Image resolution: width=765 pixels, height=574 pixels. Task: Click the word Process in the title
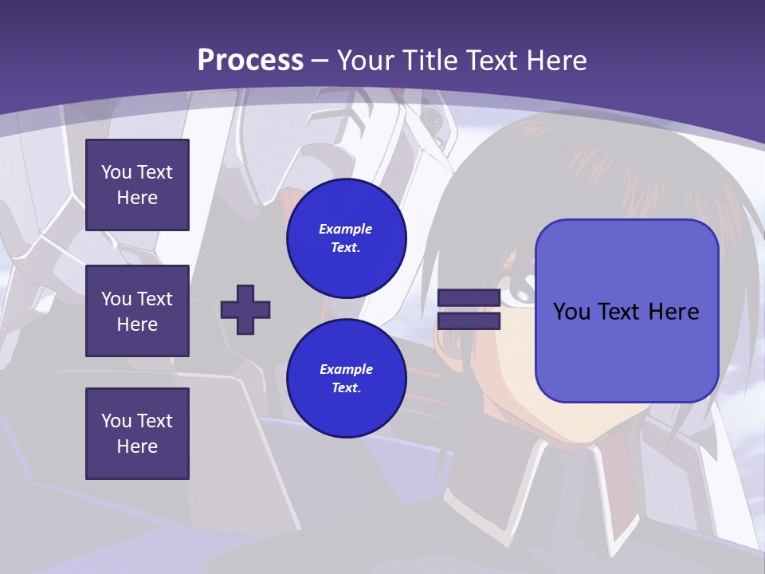(x=250, y=61)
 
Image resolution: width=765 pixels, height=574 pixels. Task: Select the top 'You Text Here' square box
(x=137, y=185)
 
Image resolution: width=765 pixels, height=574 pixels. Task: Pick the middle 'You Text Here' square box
(x=137, y=311)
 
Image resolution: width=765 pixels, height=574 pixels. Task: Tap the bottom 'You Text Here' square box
(x=137, y=434)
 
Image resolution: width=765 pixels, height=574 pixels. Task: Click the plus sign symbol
(x=245, y=309)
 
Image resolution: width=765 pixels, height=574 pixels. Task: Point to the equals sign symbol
(x=469, y=309)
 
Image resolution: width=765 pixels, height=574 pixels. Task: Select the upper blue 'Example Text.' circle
(x=347, y=238)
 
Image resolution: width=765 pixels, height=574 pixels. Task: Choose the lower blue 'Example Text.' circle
(x=347, y=379)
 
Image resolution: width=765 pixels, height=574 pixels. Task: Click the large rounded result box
(x=626, y=311)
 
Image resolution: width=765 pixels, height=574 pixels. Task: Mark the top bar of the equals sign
(x=469, y=298)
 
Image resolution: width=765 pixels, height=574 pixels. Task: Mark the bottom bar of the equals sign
(x=469, y=320)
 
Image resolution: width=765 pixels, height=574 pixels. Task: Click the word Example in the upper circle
(x=346, y=229)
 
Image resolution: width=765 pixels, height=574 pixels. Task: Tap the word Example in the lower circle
(x=346, y=369)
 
